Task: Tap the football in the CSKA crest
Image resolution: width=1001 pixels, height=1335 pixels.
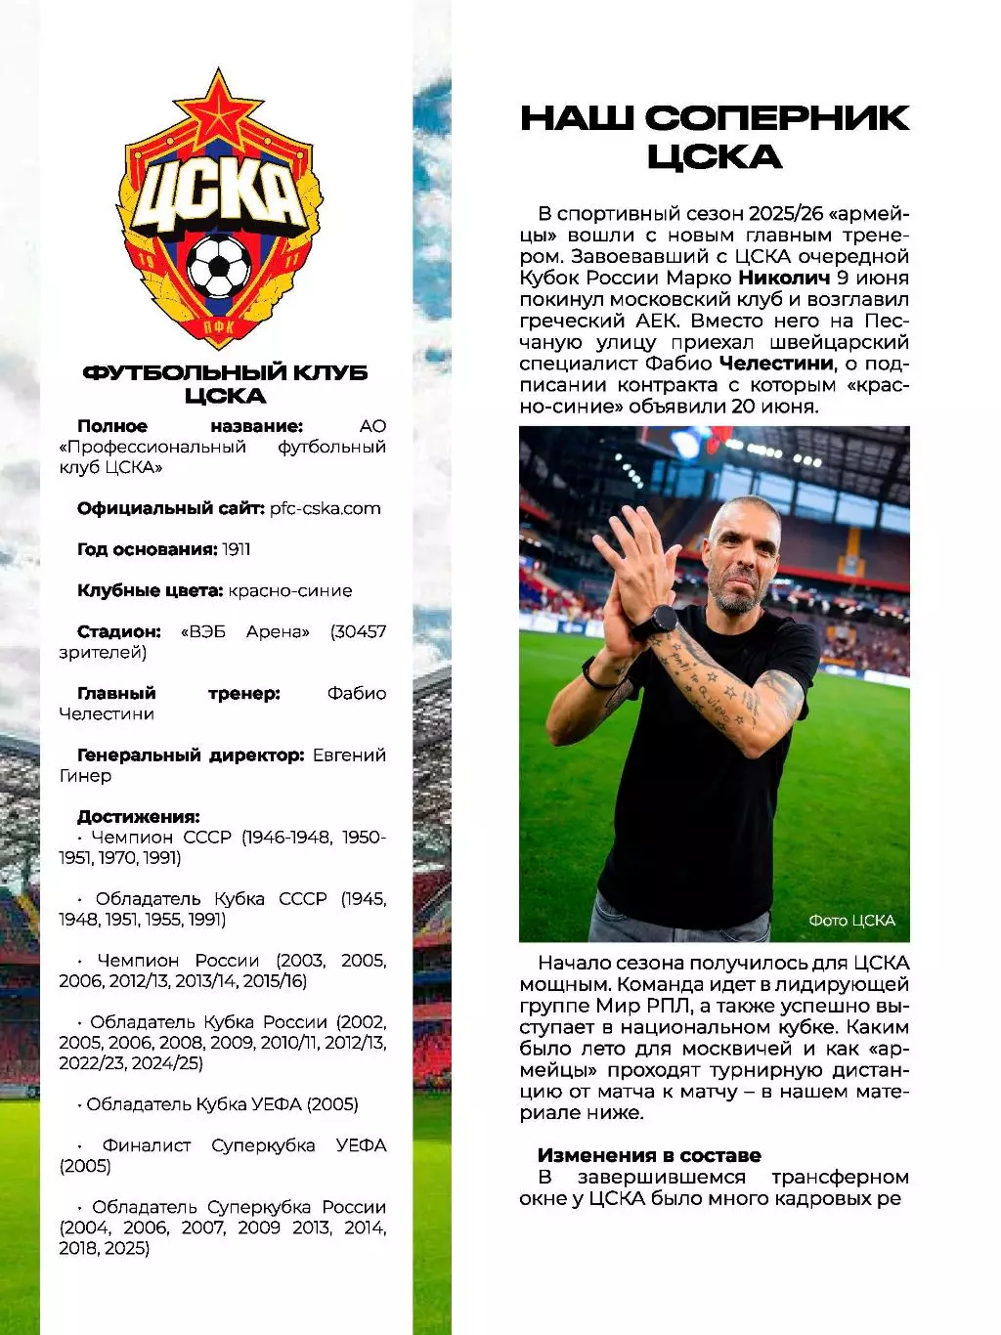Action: [219, 265]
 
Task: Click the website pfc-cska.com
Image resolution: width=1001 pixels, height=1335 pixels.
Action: [326, 508]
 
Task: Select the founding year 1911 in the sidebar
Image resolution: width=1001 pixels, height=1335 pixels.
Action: [236, 549]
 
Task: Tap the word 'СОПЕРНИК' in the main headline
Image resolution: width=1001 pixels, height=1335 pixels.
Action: [777, 118]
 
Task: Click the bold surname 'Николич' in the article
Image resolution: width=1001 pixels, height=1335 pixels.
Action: [791, 278]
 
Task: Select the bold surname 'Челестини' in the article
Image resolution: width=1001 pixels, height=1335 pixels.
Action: [777, 364]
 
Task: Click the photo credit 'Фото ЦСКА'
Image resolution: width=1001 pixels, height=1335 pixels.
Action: [851, 921]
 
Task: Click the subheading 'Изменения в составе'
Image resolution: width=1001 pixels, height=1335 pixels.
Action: [649, 1155]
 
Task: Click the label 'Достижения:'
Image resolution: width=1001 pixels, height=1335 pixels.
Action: [139, 816]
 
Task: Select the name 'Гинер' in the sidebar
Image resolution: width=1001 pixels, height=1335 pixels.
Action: [85, 776]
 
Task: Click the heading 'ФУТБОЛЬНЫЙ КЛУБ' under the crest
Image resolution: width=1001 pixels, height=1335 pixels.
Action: [225, 372]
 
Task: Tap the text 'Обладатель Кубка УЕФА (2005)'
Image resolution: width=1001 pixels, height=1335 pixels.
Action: [222, 1104]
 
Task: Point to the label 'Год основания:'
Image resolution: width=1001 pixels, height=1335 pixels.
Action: [147, 549]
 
